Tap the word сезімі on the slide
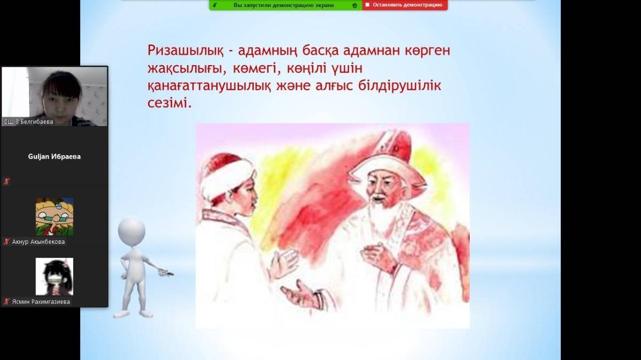169,103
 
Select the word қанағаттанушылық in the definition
209,86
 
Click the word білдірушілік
400,85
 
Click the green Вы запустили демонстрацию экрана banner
285,5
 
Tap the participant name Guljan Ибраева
55,157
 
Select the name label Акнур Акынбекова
39,242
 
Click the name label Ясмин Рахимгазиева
41,301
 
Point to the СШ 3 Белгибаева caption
29,122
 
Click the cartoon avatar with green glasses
55,217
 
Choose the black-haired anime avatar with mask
55,276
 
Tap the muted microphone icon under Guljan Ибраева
7,181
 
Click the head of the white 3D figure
132,231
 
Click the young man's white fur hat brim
227,179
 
